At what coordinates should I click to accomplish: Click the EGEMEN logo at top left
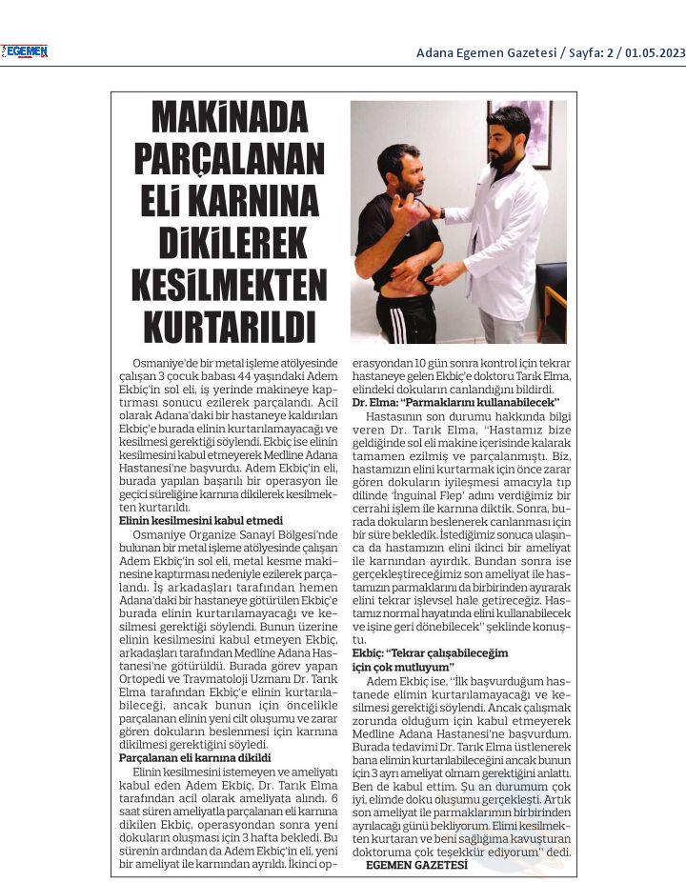[26, 51]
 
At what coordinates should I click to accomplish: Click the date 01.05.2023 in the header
[656, 52]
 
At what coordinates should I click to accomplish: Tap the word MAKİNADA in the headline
[230, 119]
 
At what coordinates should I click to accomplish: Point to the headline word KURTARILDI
[230, 325]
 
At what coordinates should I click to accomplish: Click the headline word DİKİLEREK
[230, 240]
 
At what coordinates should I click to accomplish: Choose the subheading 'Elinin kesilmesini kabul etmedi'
[201, 521]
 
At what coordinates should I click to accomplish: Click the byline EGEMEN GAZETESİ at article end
[417, 865]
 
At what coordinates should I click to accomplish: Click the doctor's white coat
[500, 238]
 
